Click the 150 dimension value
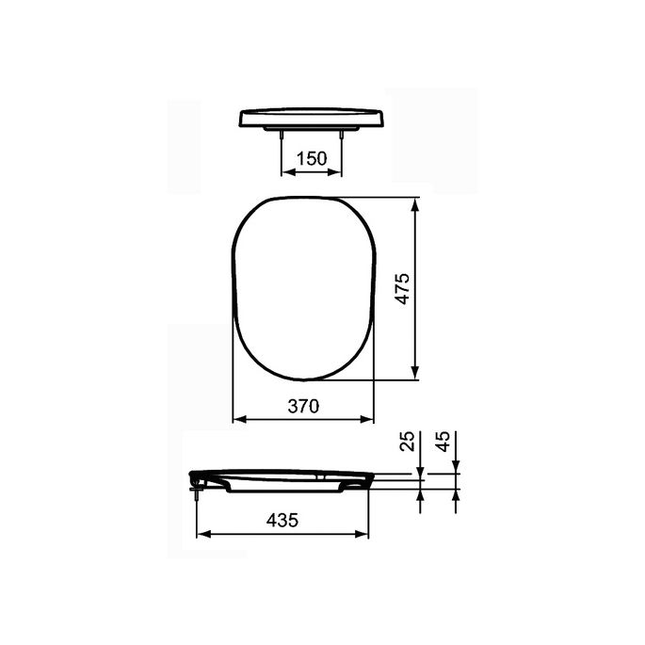312,158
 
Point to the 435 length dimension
282,520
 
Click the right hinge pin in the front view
342,136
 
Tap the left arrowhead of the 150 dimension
286,172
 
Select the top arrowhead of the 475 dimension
415,202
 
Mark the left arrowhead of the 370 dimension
237,419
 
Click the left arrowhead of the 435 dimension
201,534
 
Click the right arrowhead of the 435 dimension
365,534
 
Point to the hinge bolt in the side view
195,484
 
